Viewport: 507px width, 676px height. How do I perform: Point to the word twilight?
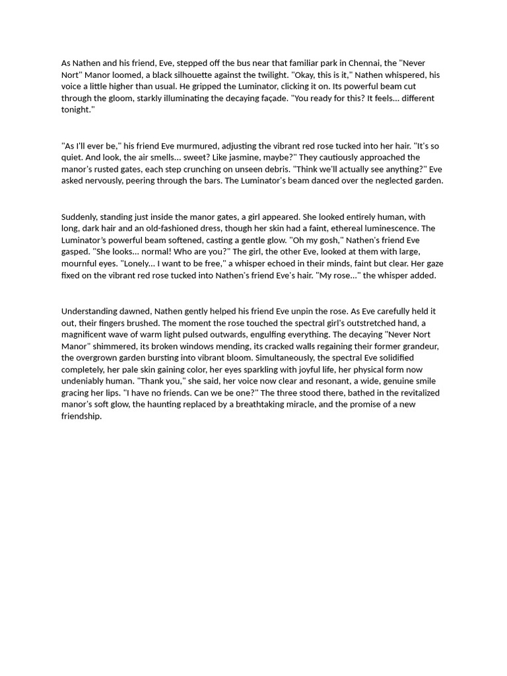click(268, 75)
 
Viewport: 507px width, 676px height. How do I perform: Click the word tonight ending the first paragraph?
click(76, 110)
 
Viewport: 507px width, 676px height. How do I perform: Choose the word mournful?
click(81, 263)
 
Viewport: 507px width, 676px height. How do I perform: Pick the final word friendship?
click(81, 416)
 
